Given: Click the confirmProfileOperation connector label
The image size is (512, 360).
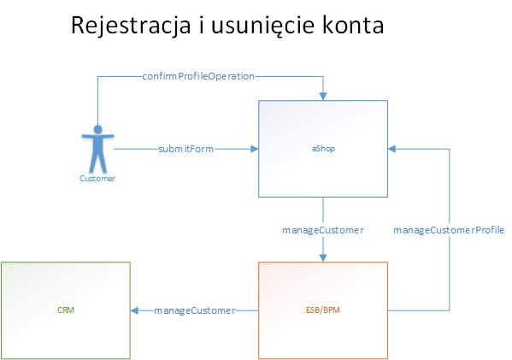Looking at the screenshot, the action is click(x=198, y=76).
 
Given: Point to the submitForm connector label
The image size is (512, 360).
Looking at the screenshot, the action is click(x=185, y=149).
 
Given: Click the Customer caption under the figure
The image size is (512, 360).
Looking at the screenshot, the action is click(x=97, y=179).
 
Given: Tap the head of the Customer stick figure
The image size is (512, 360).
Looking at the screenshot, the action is click(x=97, y=129).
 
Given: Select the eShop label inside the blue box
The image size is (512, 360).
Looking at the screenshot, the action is click(x=324, y=149).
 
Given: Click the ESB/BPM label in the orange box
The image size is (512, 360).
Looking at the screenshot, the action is click(x=323, y=310).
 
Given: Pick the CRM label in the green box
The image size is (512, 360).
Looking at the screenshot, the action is click(x=66, y=310).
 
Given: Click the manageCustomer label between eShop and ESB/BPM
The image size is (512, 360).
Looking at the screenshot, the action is click(x=323, y=230).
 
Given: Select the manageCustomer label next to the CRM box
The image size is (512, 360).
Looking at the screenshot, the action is click(x=195, y=310).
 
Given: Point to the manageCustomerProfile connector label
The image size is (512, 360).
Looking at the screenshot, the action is click(x=449, y=230).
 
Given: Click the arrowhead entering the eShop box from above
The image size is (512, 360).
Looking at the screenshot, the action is click(x=323, y=96).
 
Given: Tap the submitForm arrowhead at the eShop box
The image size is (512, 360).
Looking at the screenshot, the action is click(x=255, y=149).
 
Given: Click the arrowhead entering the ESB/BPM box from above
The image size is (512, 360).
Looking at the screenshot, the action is click(x=323, y=257).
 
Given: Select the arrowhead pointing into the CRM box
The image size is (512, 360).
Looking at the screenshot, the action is click(x=134, y=310).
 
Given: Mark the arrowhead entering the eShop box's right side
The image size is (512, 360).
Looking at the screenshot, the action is click(x=391, y=149).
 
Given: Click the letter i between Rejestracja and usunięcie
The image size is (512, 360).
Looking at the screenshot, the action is click(x=201, y=25).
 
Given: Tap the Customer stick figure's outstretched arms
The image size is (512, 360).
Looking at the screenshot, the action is click(x=97, y=136).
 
